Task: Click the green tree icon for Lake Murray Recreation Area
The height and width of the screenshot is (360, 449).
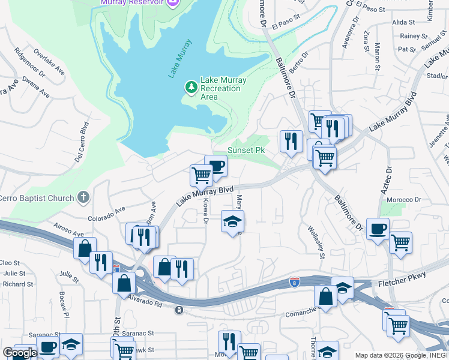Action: (x=191, y=88)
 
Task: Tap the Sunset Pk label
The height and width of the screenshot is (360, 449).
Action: (x=246, y=150)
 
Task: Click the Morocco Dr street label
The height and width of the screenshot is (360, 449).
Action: (x=403, y=200)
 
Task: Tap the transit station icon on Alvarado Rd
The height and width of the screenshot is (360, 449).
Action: (x=179, y=310)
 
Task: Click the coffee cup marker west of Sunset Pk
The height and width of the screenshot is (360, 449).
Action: (x=215, y=166)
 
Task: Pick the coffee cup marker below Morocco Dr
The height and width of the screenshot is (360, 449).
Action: (x=378, y=228)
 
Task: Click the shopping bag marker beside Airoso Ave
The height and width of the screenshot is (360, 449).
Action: (x=85, y=247)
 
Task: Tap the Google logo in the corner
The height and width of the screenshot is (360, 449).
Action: (x=20, y=353)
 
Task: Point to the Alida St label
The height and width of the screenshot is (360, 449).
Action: (x=403, y=22)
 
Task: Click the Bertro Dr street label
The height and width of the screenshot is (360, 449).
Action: (x=298, y=62)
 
